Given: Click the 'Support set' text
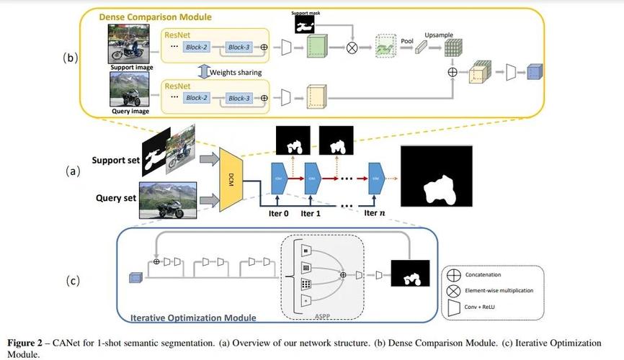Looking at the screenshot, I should tap(116, 161).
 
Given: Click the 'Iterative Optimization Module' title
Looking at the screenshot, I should tap(193, 318).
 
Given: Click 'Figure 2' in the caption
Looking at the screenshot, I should tap(24, 343).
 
